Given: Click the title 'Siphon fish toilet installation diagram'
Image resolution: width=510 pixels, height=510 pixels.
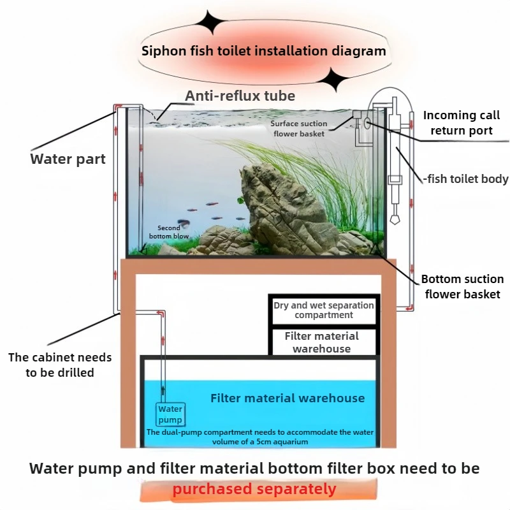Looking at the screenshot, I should [x=263, y=51].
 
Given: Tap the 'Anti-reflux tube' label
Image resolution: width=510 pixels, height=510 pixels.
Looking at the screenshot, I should [x=240, y=96].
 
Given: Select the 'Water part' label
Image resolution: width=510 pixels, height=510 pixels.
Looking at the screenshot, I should [x=68, y=159].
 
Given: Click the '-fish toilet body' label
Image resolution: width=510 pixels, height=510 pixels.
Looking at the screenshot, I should [x=465, y=178].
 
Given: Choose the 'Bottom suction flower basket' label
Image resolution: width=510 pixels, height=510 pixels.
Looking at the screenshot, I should [x=462, y=286].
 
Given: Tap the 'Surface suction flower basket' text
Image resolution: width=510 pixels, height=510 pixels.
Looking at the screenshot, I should [x=299, y=128].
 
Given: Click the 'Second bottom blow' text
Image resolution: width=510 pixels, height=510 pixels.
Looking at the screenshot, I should [x=168, y=231].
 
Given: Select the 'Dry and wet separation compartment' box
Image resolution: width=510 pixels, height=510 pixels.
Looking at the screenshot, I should [x=324, y=310].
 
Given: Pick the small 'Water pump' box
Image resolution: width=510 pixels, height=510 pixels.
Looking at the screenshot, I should [x=170, y=414].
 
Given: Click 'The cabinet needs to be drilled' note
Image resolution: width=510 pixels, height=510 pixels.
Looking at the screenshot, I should [x=60, y=365].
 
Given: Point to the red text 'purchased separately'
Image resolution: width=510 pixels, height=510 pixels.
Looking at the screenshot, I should [x=254, y=490].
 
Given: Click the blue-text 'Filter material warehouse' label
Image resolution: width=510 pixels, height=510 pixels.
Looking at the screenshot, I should [x=288, y=398].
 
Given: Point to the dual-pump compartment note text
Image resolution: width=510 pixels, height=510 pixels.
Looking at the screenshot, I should [x=260, y=437].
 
